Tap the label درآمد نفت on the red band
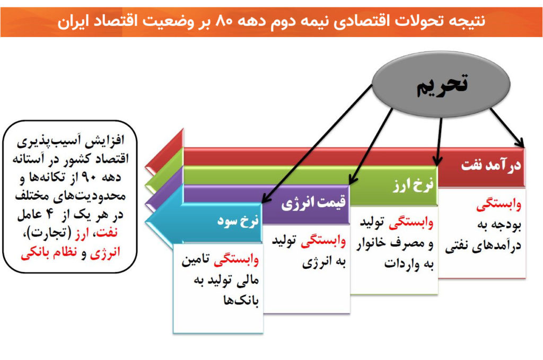[491, 165]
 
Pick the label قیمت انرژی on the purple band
[313, 203]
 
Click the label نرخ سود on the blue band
[238, 221]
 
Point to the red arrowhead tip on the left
[146, 166]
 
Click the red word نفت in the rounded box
[108, 232]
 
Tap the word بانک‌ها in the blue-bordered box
[241, 300]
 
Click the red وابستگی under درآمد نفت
[498, 205]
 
